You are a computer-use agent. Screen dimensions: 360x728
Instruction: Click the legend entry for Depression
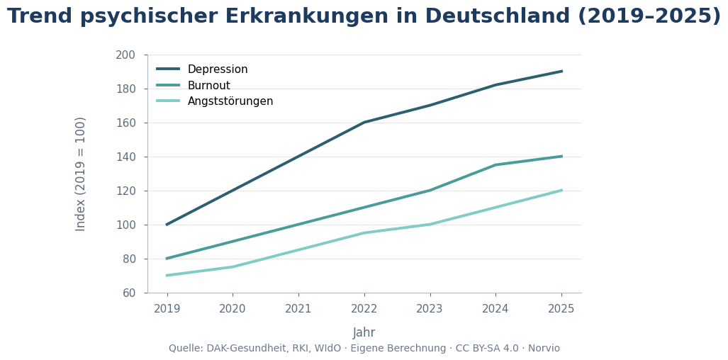tap(217, 69)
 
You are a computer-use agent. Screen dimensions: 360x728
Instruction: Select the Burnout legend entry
tap(208, 86)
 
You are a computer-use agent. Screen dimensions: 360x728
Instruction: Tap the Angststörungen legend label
tap(230, 101)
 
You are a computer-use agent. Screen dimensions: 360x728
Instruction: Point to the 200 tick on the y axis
tap(125, 55)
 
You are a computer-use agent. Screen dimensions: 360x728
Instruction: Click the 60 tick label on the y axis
tap(128, 293)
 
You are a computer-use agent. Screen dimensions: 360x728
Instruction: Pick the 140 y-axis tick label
tap(125, 157)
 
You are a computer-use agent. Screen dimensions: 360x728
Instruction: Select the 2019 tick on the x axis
tap(167, 309)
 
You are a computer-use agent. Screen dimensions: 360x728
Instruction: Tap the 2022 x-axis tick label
tap(364, 309)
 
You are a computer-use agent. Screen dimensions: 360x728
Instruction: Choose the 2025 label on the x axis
tap(561, 309)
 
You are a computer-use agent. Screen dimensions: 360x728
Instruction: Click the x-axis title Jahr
tap(364, 333)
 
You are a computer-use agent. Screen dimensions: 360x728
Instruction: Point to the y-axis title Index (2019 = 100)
tap(81, 174)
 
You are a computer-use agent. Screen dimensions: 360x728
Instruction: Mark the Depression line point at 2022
tap(364, 123)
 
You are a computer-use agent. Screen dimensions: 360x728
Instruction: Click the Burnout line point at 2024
tap(495, 165)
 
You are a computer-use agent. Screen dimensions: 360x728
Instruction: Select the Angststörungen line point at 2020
tap(233, 267)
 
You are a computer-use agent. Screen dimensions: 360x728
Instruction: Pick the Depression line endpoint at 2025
tap(561, 71)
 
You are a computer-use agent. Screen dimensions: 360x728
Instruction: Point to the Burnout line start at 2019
tap(167, 259)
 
